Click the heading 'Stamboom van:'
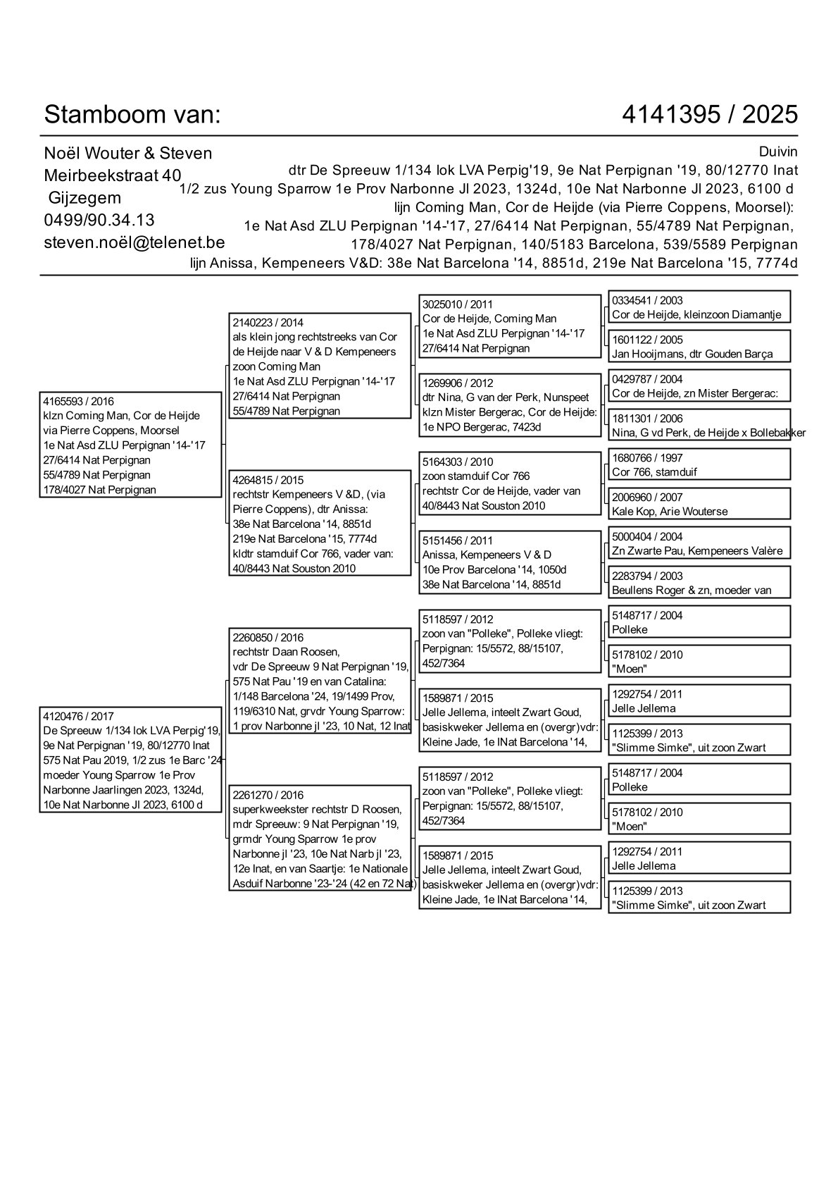(132, 114)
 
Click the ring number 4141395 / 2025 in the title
(710, 114)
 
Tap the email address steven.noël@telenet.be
(135, 242)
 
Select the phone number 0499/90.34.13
(99, 220)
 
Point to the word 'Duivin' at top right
(778, 152)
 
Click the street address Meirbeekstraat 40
(113, 175)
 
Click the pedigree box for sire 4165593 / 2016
(130, 445)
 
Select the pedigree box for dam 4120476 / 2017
(130, 760)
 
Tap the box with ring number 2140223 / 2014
(320, 366)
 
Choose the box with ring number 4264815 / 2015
(320, 524)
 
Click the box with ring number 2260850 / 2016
(320, 681)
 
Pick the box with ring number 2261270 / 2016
(320, 839)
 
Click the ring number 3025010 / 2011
(458, 304)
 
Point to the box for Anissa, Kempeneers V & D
(509, 562)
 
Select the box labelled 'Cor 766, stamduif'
(699, 465)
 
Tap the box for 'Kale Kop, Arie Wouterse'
(699, 505)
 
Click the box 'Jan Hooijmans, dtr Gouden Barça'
(699, 347)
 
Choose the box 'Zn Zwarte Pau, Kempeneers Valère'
(699, 544)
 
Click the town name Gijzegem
(85, 197)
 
